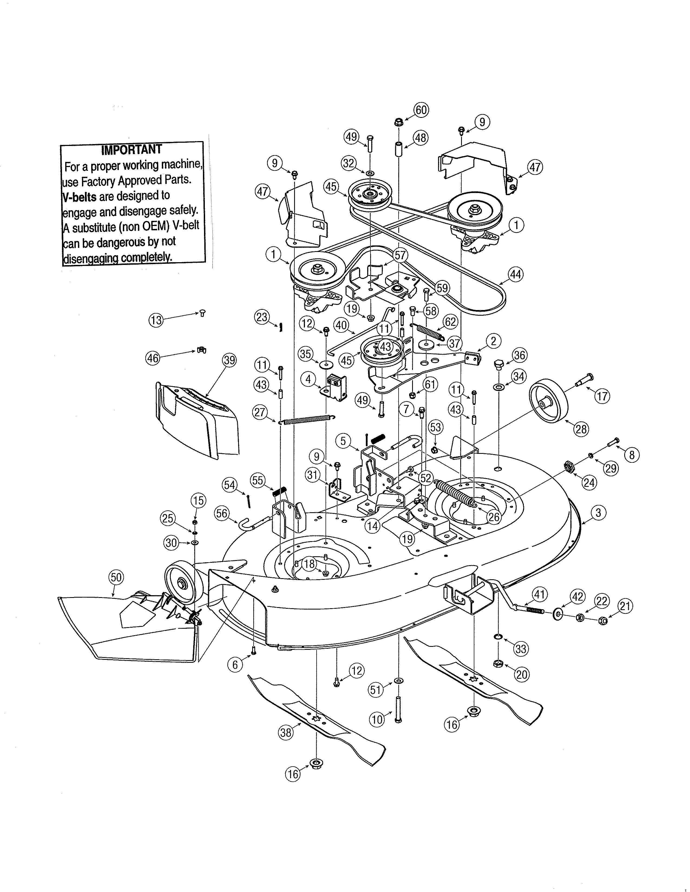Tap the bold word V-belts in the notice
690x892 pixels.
coord(80,197)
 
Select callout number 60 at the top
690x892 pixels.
coord(421,110)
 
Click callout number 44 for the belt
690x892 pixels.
coord(515,274)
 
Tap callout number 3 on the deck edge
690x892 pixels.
coord(598,512)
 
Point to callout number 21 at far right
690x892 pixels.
coord(625,606)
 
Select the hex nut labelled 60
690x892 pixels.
coord(399,122)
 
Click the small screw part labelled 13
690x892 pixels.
coord(202,313)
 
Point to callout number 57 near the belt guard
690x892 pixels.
coord(400,255)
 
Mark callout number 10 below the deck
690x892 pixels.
coord(377,719)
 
